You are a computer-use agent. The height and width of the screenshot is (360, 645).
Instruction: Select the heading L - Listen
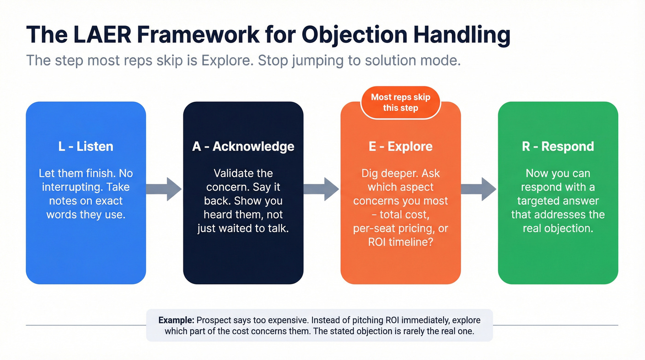(86, 147)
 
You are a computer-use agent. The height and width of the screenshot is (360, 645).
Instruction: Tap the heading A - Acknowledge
(243, 147)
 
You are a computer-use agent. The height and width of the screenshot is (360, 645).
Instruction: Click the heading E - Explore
(400, 147)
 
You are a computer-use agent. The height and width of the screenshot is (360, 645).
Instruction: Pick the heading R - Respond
(558, 147)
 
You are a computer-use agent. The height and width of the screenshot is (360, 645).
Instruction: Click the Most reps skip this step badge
(400, 102)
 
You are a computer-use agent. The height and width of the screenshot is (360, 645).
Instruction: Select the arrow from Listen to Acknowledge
(164, 189)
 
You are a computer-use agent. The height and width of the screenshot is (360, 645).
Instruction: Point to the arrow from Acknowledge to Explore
(322, 189)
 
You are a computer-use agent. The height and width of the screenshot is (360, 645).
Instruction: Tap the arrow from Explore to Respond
(479, 189)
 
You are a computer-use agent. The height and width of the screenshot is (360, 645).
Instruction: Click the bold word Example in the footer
(176, 320)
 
